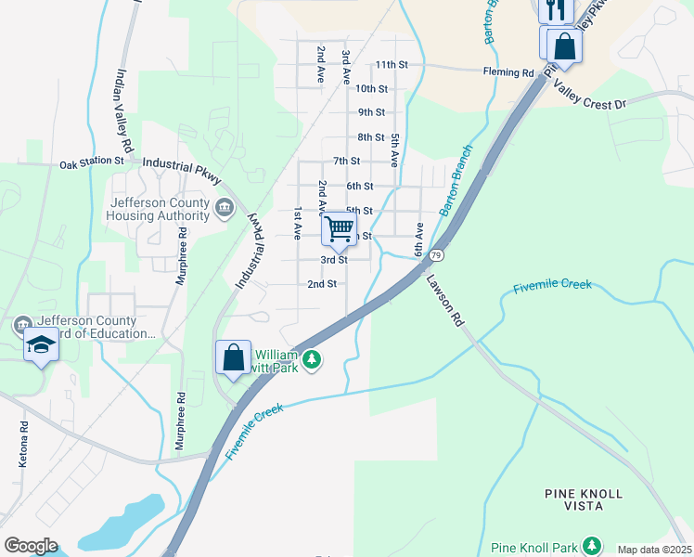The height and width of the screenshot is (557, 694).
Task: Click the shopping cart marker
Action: [x=340, y=228]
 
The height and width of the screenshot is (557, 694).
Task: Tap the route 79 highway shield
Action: [x=435, y=254]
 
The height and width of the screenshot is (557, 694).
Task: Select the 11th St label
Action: [x=392, y=65]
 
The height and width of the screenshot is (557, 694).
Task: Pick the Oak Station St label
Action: [x=92, y=162]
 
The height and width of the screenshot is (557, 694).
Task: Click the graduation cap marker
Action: [x=41, y=345]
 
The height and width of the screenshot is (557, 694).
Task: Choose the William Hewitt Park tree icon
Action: [x=313, y=359]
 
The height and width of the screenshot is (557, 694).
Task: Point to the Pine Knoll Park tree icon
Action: [x=591, y=546]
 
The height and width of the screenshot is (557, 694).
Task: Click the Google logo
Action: [x=31, y=546]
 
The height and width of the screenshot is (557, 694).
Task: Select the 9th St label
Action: [x=371, y=112]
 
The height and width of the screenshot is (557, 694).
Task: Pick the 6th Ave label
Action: [x=419, y=240]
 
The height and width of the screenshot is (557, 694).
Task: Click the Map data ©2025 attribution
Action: [x=654, y=550]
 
